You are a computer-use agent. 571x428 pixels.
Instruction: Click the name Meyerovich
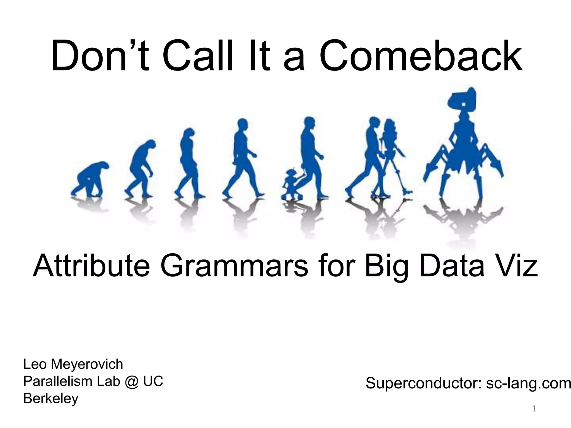(87, 364)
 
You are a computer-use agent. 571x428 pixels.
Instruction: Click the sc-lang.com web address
(528, 383)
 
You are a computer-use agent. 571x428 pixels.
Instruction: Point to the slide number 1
(534, 409)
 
